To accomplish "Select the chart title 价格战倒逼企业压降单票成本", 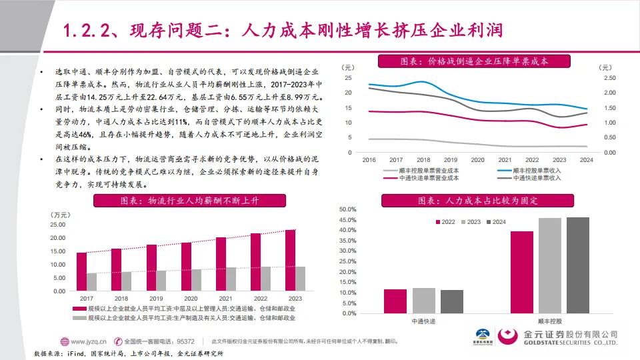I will coord(474,61).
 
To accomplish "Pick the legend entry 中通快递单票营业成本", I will coord(427,179).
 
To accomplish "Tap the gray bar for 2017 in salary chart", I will coord(91,278).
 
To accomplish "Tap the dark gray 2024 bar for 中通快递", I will coord(452,301).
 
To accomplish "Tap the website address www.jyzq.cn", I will coord(86,340).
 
